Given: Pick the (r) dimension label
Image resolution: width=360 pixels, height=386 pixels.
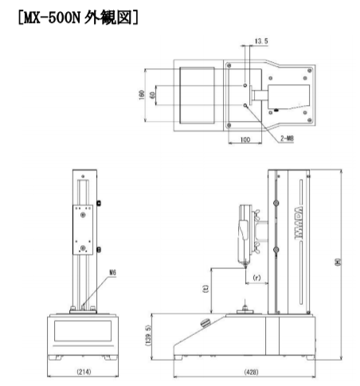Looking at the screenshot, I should (x=256, y=278).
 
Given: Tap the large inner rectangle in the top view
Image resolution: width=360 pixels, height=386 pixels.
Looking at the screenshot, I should (x=196, y=93).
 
